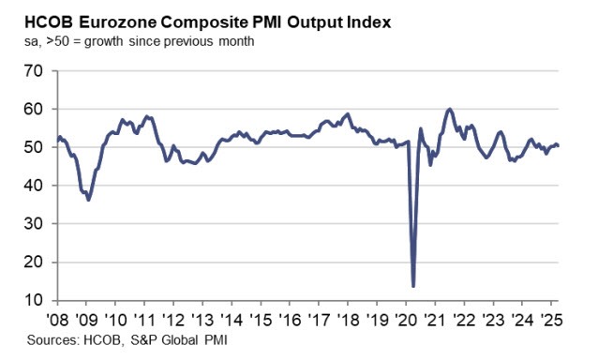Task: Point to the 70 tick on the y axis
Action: pos(35,71)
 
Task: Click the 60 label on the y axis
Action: pos(35,110)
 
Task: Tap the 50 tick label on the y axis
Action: pos(35,148)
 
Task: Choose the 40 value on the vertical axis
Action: pos(35,187)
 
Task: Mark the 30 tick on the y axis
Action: pos(35,225)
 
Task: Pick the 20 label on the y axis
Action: pos(35,263)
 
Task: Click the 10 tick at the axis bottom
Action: pos(35,302)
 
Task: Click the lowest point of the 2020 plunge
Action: pos(413,286)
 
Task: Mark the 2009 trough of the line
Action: pos(89,200)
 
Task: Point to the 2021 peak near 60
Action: pos(451,110)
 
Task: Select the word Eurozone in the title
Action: pos(112,22)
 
